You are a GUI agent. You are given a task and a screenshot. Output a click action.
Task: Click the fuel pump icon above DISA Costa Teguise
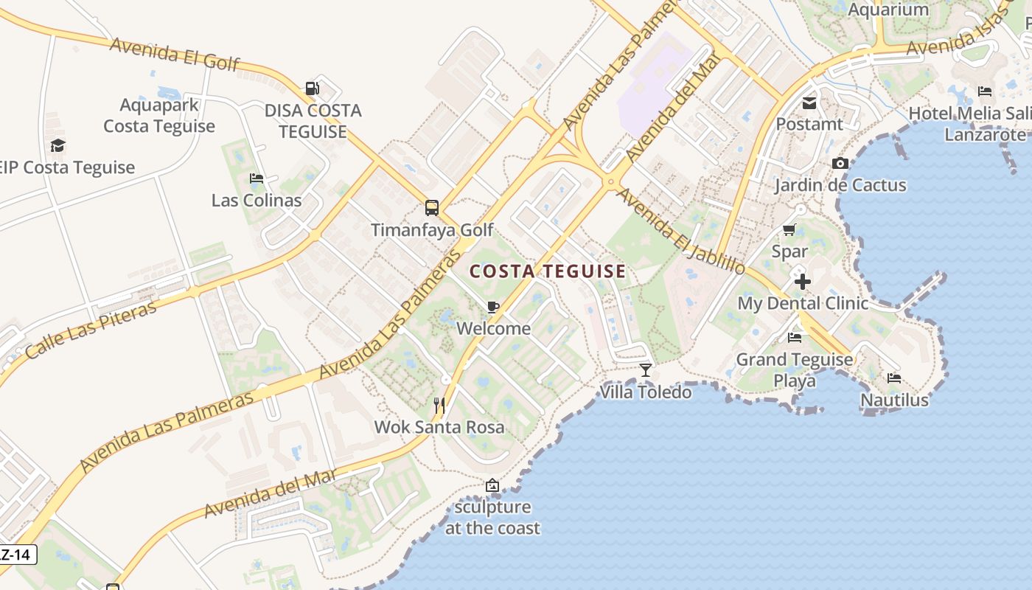313,88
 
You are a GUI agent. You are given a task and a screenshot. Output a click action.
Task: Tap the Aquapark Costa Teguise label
159,116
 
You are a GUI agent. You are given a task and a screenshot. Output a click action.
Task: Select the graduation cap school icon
57,146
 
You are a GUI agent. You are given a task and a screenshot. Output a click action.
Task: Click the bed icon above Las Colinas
257,178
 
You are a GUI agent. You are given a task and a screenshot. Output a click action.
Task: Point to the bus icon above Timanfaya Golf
432,208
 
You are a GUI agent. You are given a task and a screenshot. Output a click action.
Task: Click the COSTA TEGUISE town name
548,271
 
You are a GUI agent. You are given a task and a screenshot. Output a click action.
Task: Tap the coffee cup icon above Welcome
493,307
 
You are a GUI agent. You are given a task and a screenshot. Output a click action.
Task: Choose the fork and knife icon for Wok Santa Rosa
439,405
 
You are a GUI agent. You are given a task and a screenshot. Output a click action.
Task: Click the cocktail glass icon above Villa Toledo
646,369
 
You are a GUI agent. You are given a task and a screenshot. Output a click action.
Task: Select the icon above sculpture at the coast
492,485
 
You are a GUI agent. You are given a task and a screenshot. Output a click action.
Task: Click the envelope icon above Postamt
809,103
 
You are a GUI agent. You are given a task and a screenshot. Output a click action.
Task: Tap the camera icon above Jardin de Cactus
840,163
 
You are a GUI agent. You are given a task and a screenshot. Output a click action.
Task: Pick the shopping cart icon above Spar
789,230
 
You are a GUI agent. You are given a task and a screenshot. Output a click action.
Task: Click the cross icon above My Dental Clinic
803,282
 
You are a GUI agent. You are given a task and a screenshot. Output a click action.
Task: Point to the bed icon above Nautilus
894,378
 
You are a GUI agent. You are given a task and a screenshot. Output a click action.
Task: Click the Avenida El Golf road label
175,54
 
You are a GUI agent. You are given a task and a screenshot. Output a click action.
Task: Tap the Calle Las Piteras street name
91,329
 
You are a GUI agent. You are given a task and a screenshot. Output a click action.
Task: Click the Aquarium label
888,10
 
